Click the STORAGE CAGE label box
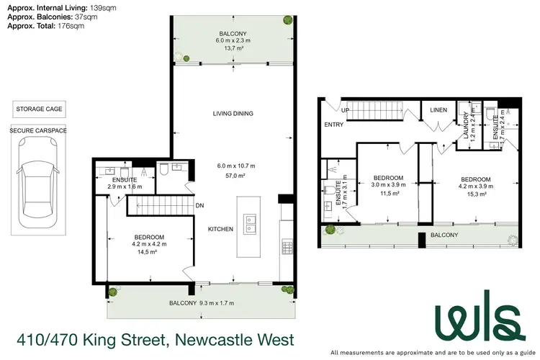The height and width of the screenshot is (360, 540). pyautogui.click(x=39, y=110)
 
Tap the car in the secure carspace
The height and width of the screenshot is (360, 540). pyautogui.click(x=39, y=190)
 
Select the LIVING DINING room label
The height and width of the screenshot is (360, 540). pyautogui.click(x=233, y=114)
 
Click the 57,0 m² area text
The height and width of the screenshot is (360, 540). pyautogui.click(x=232, y=175)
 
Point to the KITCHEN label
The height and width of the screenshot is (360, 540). pyautogui.click(x=220, y=229)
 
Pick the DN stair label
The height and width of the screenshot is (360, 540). pyautogui.click(x=200, y=205)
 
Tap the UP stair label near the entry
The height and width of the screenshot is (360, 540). pyautogui.click(x=346, y=111)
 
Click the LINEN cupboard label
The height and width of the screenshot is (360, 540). pyautogui.click(x=438, y=110)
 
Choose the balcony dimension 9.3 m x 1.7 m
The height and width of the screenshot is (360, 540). pyautogui.click(x=217, y=303)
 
